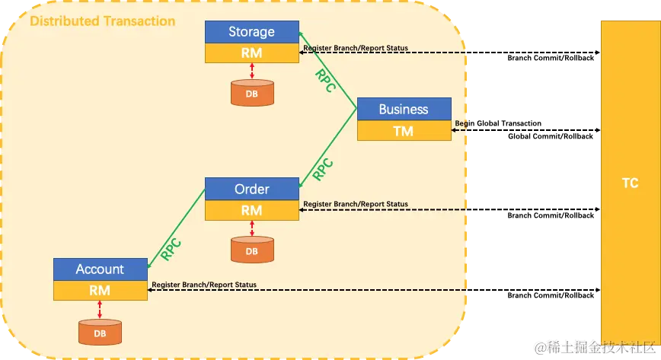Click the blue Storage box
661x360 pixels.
tap(251, 32)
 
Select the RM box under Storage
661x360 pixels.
tap(251, 53)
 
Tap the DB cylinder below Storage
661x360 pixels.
tap(251, 93)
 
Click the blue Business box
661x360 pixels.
tap(404, 109)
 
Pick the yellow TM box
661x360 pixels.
tap(404, 131)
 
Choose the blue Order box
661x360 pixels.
tap(251, 189)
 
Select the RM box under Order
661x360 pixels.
tap(251, 209)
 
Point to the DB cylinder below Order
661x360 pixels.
tap(251, 250)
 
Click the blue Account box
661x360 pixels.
tap(100, 269)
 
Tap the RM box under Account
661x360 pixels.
tap(100, 290)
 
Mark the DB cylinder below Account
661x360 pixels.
tap(100, 331)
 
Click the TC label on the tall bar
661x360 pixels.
tap(630, 183)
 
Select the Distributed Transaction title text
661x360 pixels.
tap(102, 21)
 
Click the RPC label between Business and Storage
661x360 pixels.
tap(325, 81)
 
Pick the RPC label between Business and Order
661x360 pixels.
tap(323, 167)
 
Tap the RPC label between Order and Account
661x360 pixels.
tap(171, 250)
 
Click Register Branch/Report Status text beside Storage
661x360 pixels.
tap(355, 48)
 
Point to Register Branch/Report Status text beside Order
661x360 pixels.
tap(355, 204)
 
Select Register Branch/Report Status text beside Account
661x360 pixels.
tap(204, 285)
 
